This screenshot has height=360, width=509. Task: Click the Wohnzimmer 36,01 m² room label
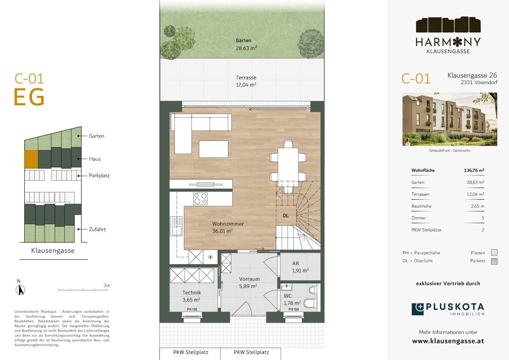click(228, 228)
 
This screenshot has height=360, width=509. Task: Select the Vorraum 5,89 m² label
click(249, 282)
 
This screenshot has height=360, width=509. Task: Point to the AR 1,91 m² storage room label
click(300, 267)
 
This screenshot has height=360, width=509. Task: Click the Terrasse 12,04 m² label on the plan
click(246, 81)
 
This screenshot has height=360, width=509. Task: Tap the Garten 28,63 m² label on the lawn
click(246, 44)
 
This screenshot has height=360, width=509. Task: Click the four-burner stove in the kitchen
click(200, 199)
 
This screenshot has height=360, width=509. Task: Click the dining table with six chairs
click(288, 167)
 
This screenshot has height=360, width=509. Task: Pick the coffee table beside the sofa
click(214, 149)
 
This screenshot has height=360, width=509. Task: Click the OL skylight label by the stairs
click(285, 216)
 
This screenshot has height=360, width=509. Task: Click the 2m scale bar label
click(107, 285)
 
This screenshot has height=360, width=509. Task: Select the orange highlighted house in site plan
click(31, 159)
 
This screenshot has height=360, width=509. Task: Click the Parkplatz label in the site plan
click(99, 176)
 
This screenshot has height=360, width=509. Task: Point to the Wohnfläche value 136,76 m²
click(474, 170)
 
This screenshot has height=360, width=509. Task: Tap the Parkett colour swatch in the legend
click(494, 261)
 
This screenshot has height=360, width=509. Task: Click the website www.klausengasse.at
click(448, 341)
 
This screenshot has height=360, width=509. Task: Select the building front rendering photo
click(450, 119)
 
